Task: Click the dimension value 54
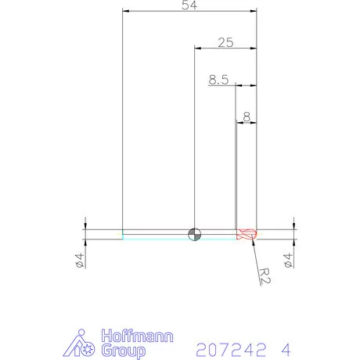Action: tap(189, 5)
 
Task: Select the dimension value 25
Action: tap(225, 42)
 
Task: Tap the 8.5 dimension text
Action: tap(218, 80)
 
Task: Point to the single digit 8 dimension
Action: tap(247, 117)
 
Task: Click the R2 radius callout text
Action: tap(265, 275)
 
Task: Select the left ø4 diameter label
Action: tap(80, 260)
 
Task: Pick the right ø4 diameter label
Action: tap(288, 260)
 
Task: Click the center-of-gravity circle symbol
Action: tap(195, 234)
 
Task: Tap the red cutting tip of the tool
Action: tap(247, 234)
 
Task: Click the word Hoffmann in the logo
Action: tap(137, 336)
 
